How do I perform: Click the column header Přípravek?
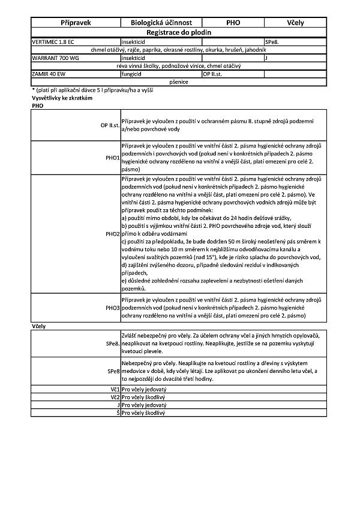coord(76,23)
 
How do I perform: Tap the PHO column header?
coord(233,23)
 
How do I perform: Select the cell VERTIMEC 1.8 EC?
coord(53,41)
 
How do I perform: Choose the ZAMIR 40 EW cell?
coord(49,74)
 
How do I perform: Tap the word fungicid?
coord(133,74)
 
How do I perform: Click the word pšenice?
coord(179,82)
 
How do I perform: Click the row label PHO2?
coord(112,233)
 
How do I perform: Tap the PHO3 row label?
coord(112,308)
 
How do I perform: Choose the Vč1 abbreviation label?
coord(115,389)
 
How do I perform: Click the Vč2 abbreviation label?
coord(115,397)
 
